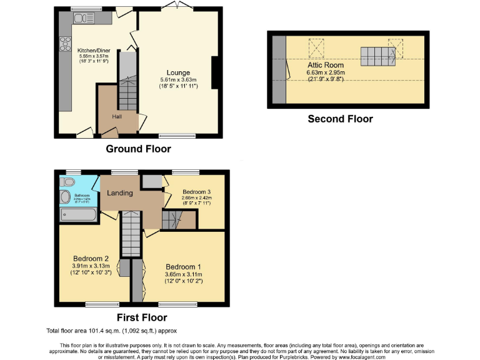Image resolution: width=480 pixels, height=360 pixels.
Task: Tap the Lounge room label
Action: click(178, 72)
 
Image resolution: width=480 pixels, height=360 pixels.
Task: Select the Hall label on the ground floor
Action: click(117, 116)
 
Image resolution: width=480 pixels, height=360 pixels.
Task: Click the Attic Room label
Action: click(324, 64)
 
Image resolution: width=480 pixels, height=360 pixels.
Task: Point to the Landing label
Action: click(120, 192)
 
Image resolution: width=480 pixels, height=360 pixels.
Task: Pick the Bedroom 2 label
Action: click(91, 259)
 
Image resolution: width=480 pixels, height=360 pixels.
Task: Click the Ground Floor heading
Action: click(138, 149)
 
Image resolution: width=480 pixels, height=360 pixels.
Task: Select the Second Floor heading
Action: click(340, 119)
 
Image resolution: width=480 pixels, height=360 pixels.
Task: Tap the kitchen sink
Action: click(84, 19)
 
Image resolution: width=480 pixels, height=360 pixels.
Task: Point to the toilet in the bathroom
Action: click(69, 182)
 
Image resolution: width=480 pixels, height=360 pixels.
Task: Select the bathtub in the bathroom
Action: click(77, 214)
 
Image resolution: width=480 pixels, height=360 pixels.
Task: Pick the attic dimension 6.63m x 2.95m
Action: click(326, 72)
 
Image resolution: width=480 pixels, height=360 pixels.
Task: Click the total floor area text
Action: click(115, 331)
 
